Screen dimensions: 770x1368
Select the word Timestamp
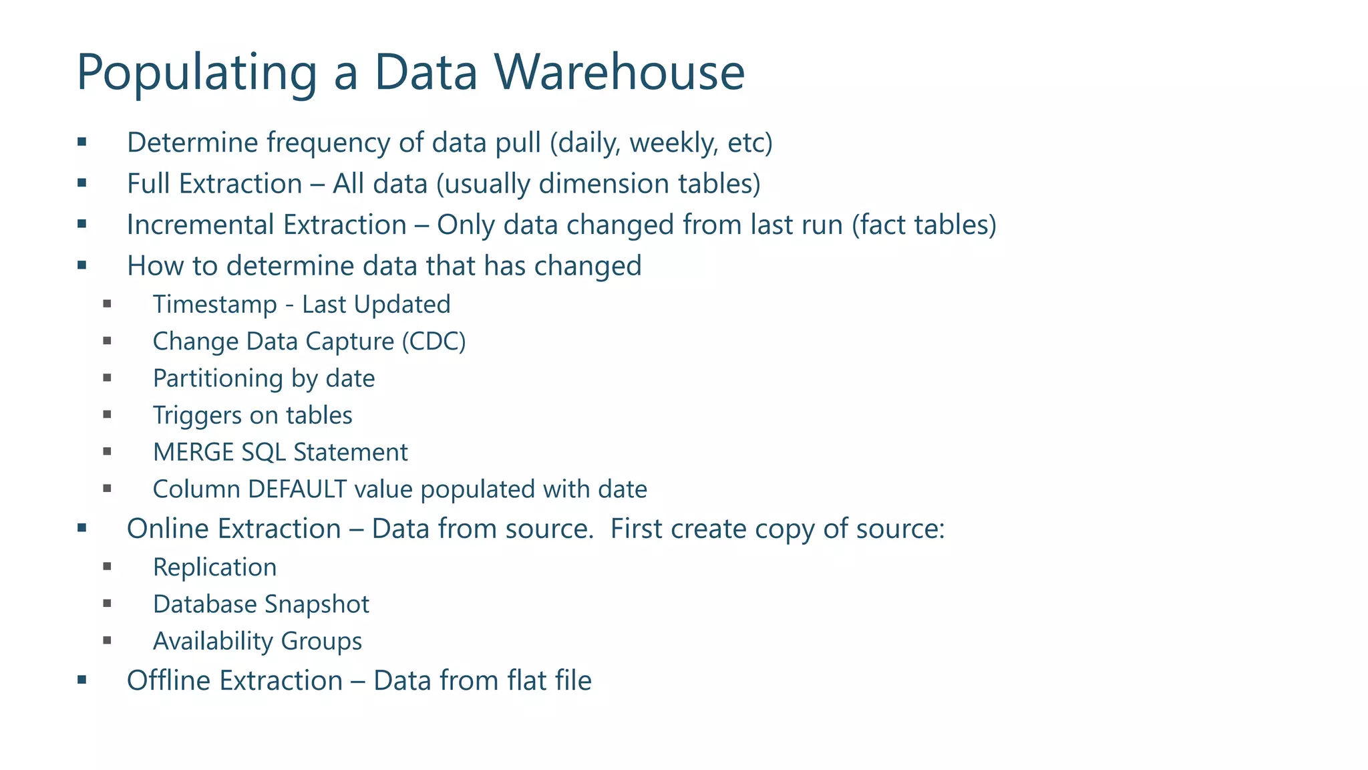coord(214,305)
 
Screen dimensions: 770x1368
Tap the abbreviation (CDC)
coord(434,342)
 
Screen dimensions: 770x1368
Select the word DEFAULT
coord(297,489)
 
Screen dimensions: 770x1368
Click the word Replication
coord(214,567)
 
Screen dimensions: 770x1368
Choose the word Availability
coord(213,642)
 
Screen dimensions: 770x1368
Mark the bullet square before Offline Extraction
coord(82,680)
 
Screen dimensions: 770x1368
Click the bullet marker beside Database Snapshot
coord(107,604)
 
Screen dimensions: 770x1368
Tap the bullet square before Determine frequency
coord(82,142)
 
